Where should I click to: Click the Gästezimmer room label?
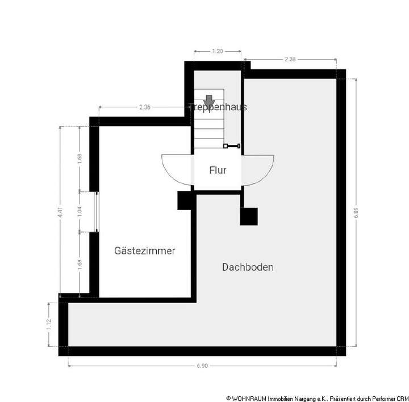pos(144,250)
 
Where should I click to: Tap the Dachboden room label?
pos(248,267)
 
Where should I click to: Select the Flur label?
pos(218,170)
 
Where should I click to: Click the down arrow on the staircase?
pos(209,101)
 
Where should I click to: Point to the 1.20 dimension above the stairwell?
pos(217,51)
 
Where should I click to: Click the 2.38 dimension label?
pos(290,58)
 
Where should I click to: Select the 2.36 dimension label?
pos(144,107)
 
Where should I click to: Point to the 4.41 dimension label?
pos(60,211)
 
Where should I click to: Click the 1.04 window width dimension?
pos(80,212)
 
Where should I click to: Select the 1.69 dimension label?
pos(80,264)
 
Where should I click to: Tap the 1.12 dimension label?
pos(49,325)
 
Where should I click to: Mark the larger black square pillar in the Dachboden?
pos(248,216)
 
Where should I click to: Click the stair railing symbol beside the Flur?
pos(232,146)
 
